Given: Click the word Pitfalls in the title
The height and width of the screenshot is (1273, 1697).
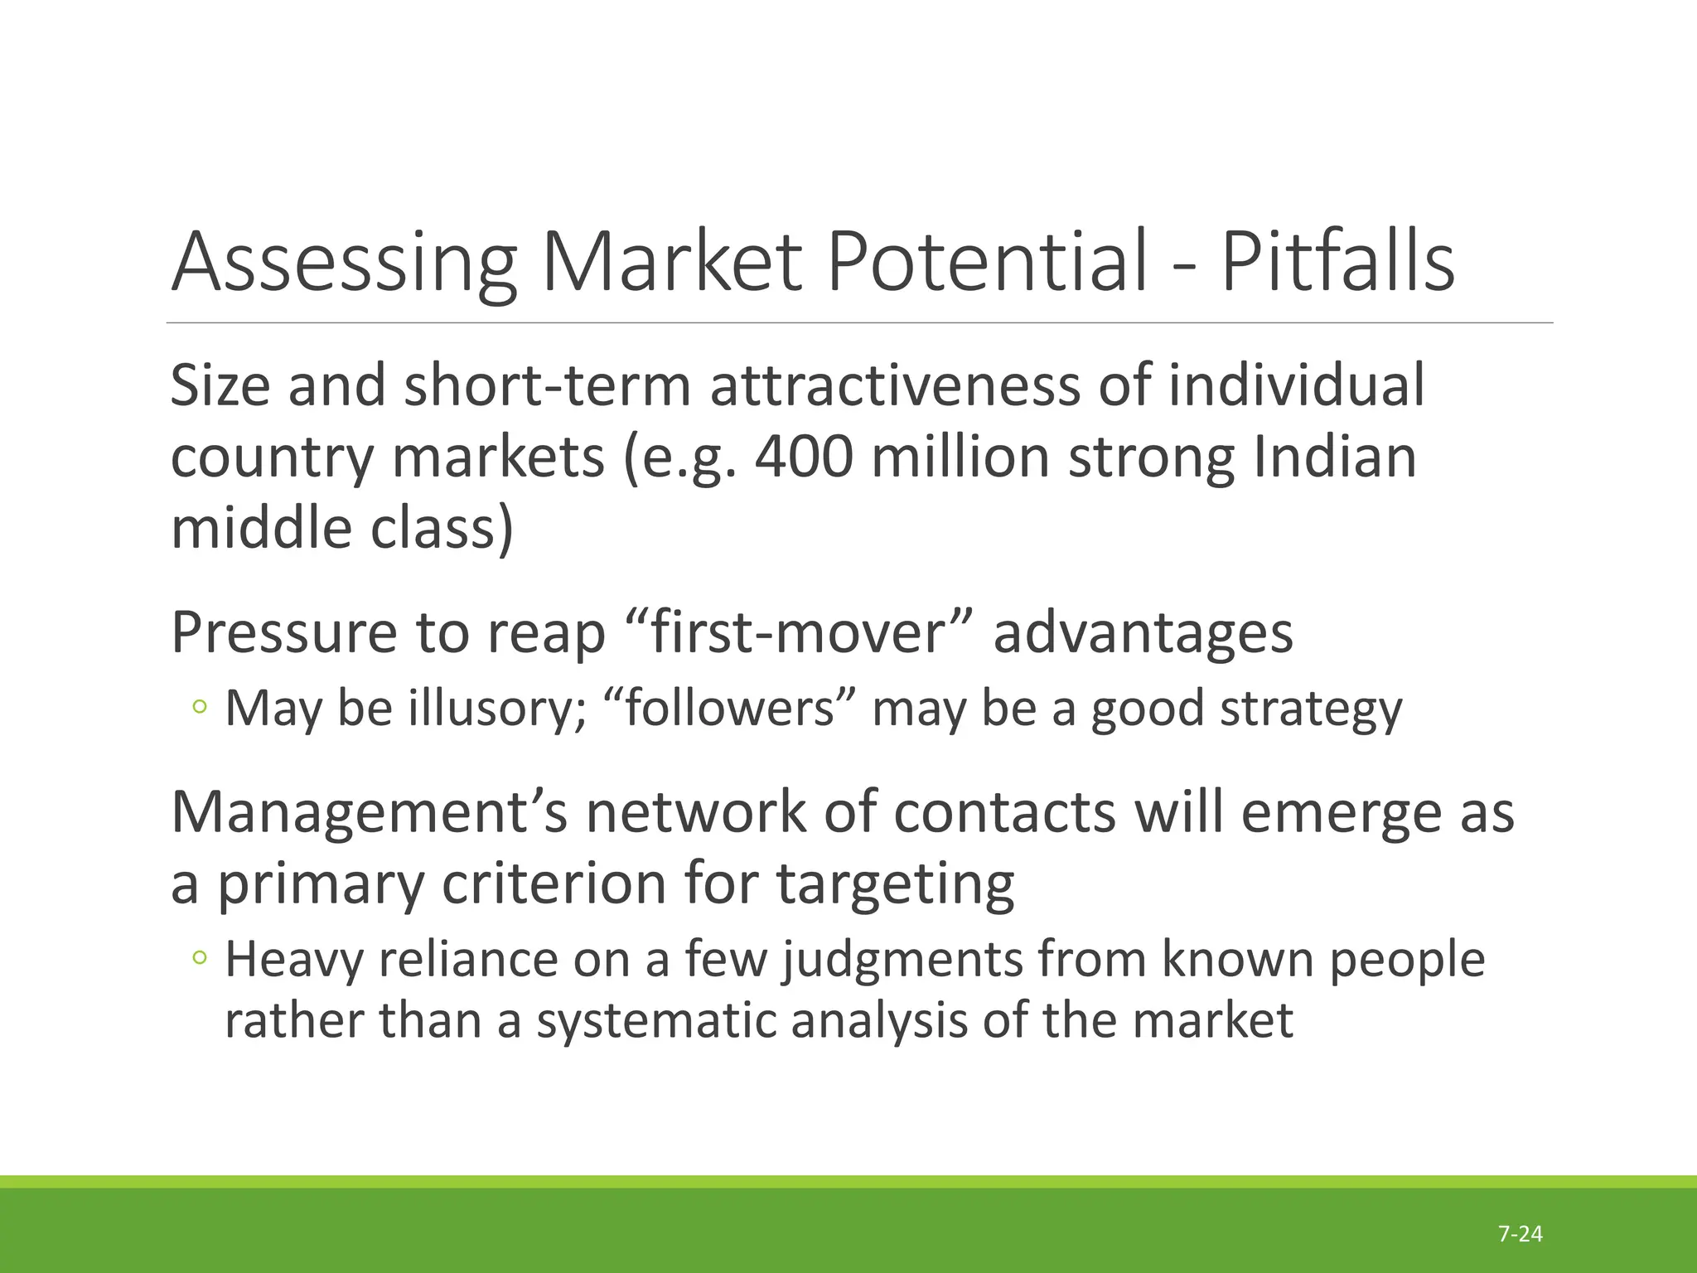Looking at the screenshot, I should tap(1337, 262).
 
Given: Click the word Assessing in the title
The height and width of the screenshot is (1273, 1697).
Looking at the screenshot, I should tap(343, 262).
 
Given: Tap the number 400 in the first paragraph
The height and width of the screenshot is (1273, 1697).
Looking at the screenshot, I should tap(804, 457).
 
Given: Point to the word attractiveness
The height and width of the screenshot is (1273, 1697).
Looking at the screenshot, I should tap(895, 386).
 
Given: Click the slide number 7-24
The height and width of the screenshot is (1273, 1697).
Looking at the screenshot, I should tap(1521, 1234).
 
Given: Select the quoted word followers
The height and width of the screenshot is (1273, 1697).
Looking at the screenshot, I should tap(730, 709).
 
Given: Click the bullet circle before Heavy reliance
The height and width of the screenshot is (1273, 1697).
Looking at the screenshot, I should tap(199, 958).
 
